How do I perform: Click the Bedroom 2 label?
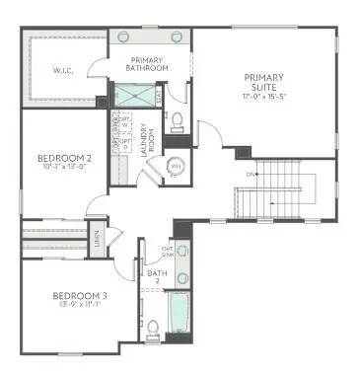(64, 157)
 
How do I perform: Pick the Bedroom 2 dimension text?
(64, 168)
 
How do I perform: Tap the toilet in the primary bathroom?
(178, 120)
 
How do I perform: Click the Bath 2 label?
(154, 274)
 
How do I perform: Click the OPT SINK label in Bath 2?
(169, 251)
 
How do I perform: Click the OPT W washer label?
(124, 122)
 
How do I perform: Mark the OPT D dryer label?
(124, 144)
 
